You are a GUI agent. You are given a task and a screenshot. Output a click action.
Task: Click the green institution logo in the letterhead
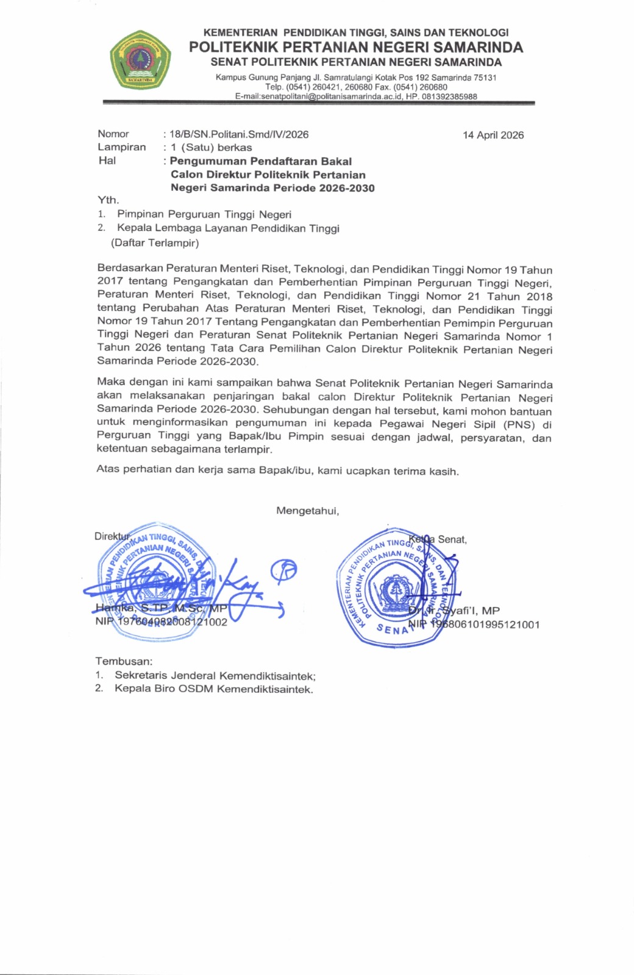pos(140,60)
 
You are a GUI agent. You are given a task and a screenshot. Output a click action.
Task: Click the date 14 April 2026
pos(493,135)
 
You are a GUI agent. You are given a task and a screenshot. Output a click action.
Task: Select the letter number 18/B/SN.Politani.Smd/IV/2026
pos(239,134)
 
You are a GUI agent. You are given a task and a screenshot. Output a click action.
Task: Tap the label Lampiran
pos(122,147)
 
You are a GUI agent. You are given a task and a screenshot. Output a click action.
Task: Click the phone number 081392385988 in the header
pos(449,96)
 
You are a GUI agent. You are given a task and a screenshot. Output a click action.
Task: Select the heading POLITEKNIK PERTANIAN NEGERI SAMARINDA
pos(356,47)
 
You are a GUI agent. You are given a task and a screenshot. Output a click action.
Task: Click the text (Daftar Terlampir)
pos(155,243)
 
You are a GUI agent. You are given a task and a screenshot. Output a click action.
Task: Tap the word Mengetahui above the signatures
pos(307,511)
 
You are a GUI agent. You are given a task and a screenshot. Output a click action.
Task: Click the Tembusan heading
pos(124,661)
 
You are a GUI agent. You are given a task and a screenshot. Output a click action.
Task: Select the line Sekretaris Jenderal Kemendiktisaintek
pos(215,675)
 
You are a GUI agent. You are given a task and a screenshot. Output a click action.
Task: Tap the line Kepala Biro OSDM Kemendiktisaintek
pos(213,689)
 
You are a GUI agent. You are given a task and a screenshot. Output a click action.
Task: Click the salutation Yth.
pos(109,200)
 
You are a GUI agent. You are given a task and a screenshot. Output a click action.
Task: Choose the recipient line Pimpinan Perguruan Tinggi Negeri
pos(204,214)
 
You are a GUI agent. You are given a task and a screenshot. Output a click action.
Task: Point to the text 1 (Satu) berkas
pos(211,147)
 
